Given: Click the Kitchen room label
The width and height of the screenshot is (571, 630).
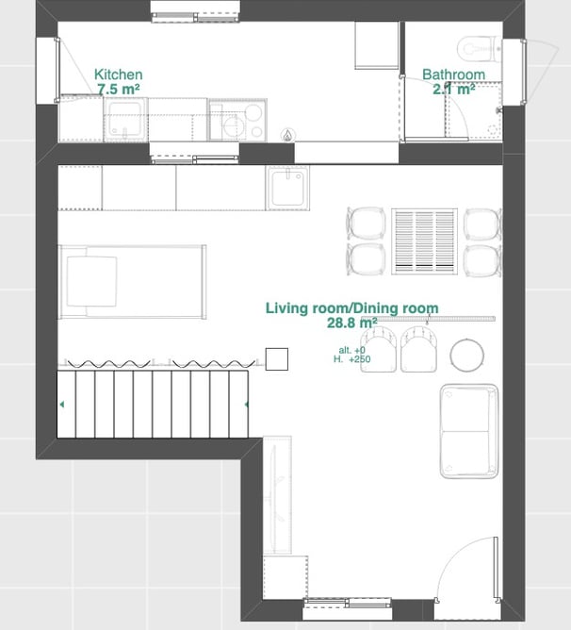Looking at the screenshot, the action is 118,75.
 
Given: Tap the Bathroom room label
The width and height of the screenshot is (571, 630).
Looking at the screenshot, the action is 454,75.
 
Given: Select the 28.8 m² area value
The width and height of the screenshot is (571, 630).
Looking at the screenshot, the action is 351,323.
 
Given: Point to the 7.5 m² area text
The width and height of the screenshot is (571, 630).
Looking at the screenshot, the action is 119,89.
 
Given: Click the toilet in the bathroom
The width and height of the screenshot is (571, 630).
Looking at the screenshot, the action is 479,49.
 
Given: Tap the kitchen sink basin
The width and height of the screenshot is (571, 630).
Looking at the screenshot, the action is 125,120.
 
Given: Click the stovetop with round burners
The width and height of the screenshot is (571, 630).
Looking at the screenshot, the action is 237,120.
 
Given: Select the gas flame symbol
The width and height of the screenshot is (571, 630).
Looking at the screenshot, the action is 287,136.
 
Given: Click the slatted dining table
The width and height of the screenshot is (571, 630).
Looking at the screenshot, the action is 424,241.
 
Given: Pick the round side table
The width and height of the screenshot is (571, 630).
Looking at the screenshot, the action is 467,356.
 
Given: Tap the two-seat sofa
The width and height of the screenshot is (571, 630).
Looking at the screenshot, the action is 469,431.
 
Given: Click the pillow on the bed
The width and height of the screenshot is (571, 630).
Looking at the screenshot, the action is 92,281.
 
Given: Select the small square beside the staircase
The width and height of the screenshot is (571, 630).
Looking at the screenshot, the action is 277,358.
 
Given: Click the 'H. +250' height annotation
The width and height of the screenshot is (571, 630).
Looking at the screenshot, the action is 351,359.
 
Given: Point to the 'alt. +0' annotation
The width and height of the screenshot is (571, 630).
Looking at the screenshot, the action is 351,350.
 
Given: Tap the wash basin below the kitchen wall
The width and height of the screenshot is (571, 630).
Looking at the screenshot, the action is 287,188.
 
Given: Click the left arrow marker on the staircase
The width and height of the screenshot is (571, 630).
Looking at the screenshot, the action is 62,405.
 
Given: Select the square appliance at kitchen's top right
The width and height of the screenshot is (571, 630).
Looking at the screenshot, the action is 377,45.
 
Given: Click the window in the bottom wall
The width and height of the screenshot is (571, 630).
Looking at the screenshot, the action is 347,603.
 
